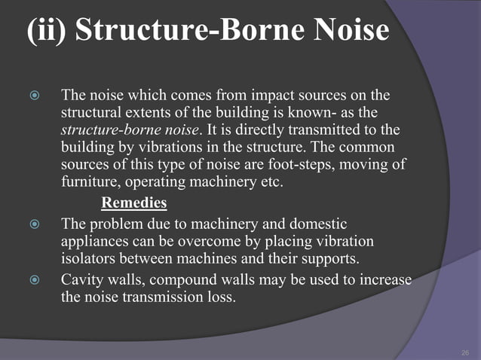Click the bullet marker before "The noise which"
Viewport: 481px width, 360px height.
point(30,96)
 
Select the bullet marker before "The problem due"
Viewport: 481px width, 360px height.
point(30,226)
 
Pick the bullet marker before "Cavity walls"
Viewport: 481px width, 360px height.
point(30,281)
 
